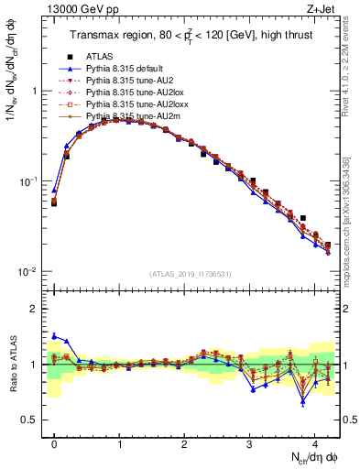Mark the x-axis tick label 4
315,443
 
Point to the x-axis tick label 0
55,443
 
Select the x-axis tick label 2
185,443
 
